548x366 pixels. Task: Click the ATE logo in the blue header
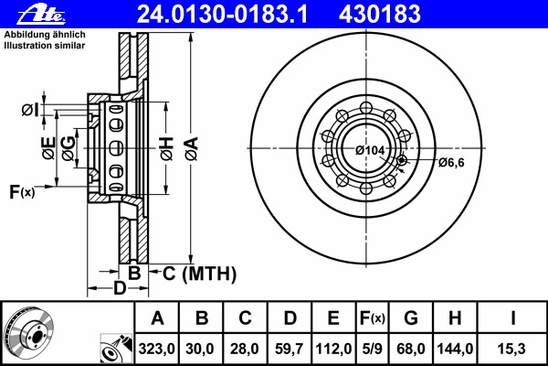[x=42, y=15]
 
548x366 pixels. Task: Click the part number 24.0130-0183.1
[x=222, y=15]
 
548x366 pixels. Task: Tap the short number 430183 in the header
[x=380, y=15]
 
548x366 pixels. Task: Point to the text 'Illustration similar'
[x=45, y=46]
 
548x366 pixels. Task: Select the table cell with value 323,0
[x=156, y=349]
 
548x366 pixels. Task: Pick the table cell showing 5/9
[x=373, y=349]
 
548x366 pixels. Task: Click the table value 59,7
[x=289, y=349]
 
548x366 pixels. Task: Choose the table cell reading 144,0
[x=455, y=349]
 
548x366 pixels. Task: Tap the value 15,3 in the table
[x=511, y=349]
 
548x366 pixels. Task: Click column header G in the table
[x=411, y=318]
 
